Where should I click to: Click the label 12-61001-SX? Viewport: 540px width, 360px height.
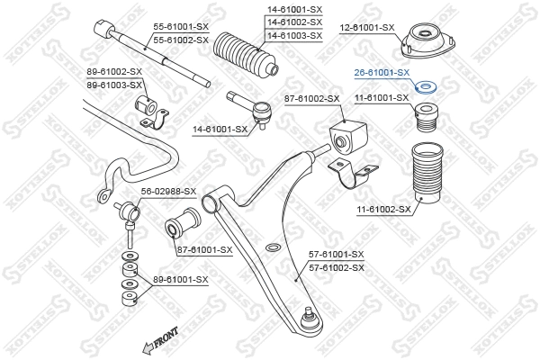(x=366, y=27)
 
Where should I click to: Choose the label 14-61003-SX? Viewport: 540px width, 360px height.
(x=293, y=35)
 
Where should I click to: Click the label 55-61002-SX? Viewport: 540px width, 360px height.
(x=181, y=40)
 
